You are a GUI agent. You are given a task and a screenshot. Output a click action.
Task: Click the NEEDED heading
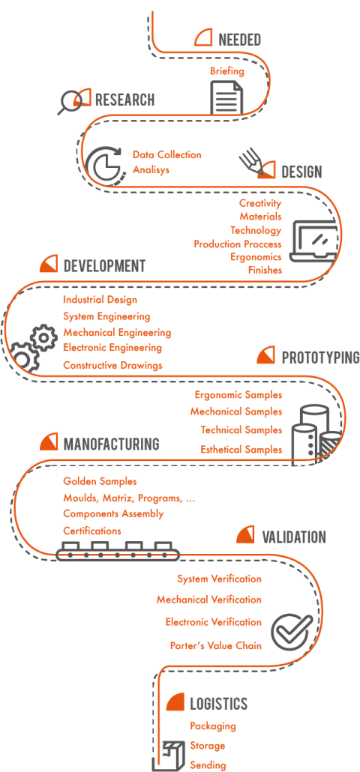(x=239, y=40)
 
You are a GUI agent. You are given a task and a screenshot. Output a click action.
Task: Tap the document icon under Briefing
(x=227, y=97)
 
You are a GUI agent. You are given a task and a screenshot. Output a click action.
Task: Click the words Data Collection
(x=167, y=154)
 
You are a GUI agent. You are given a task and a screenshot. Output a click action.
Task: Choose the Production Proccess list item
(x=237, y=244)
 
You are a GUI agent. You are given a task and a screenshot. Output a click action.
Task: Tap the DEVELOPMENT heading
(x=104, y=266)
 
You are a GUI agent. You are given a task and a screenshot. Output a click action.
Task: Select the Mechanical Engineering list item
(x=117, y=333)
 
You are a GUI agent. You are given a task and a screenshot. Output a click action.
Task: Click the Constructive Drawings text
(x=112, y=365)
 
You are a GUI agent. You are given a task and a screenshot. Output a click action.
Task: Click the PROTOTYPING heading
(x=320, y=358)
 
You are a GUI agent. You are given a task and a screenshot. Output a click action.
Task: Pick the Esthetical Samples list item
(x=241, y=450)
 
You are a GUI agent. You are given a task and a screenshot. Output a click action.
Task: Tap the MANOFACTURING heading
(x=111, y=444)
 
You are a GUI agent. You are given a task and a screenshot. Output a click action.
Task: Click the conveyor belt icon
(x=117, y=552)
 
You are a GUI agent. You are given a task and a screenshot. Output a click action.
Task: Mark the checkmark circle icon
(x=290, y=632)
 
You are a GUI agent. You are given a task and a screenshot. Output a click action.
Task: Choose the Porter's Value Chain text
(x=216, y=645)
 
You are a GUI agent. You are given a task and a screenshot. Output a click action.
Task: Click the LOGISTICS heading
(x=219, y=704)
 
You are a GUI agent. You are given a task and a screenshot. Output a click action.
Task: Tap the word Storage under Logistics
(x=207, y=746)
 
